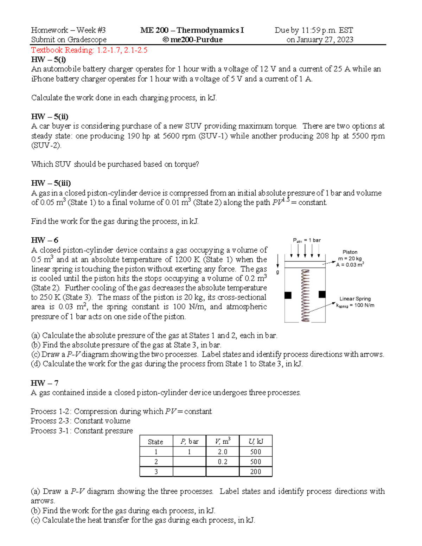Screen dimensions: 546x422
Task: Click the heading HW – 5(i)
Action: pyautogui.click(x=48, y=59)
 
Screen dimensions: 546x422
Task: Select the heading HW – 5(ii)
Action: pyautogui.click(x=50, y=116)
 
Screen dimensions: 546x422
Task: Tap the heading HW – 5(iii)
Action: pyautogui.click(x=51, y=183)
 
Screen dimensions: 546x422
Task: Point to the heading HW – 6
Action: pyautogui.click(x=44, y=240)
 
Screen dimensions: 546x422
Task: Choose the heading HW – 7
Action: pyautogui.click(x=44, y=383)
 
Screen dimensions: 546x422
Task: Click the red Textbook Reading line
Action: pyautogui.click(x=89, y=50)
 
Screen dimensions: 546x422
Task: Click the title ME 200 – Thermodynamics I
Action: pyautogui.click(x=192, y=30)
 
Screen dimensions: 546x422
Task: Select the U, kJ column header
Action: pyautogui.click(x=256, y=442)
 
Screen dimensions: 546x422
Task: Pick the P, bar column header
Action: pyautogui.click(x=189, y=442)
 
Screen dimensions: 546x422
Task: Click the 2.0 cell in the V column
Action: pyautogui.click(x=223, y=452)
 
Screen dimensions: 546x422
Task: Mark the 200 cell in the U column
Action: pyautogui.click(x=256, y=472)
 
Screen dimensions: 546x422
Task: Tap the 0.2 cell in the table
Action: pyautogui.click(x=223, y=462)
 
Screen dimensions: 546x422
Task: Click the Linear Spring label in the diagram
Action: pyautogui.click(x=355, y=298)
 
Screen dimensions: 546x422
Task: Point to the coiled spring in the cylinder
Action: pyautogui.click(x=305, y=295)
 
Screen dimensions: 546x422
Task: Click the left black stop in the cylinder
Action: pyautogui.click(x=288, y=295)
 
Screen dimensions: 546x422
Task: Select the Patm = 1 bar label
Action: pyautogui.click(x=307, y=240)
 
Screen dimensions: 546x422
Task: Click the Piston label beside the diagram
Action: pyautogui.click(x=350, y=252)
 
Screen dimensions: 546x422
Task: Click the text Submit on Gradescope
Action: pyautogui.click(x=69, y=40)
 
